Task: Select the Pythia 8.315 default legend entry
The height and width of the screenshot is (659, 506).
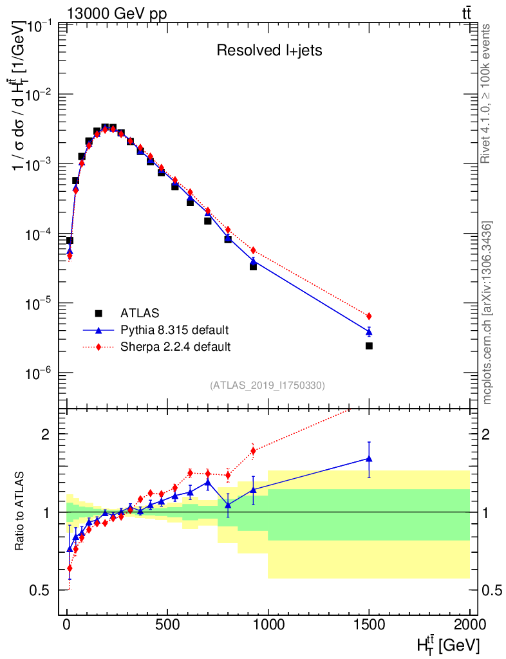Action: pos(174,330)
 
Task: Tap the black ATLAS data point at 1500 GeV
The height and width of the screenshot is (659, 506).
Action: pos(369,346)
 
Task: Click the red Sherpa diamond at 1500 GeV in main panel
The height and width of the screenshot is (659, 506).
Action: pos(369,316)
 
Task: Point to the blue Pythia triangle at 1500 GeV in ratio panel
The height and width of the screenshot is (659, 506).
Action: pos(369,459)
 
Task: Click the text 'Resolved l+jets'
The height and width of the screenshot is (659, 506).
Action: pos(269,51)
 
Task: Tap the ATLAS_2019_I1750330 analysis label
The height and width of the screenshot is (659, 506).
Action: pos(267,385)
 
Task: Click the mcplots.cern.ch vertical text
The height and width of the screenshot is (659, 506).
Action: pos(487,313)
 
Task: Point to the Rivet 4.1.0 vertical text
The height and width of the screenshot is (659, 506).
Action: pos(487,93)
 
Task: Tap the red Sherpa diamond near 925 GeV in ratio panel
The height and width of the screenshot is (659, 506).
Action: pos(253,450)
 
